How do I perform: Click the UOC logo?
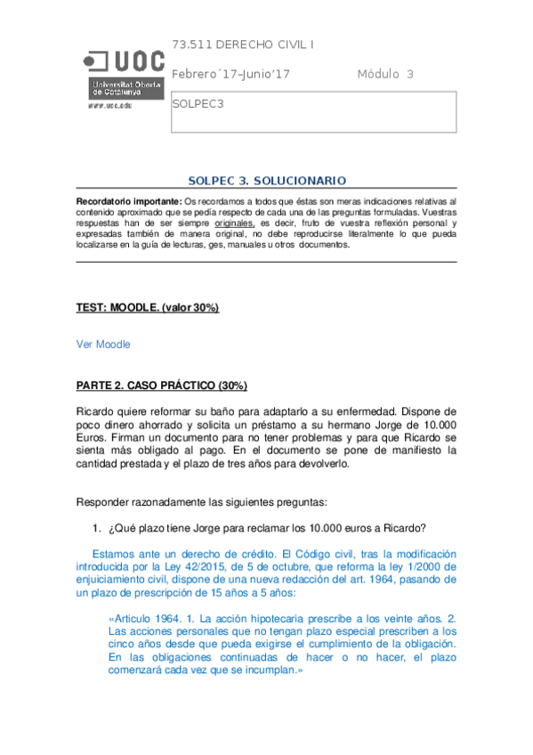pyautogui.click(x=124, y=71)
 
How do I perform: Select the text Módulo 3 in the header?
pyautogui.click(x=385, y=74)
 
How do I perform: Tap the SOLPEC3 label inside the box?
pyautogui.click(x=198, y=103)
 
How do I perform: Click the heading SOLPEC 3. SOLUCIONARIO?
pyautogui.click(x=266, y=180)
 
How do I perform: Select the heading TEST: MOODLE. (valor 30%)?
pyautogui.click(x=148, y=308)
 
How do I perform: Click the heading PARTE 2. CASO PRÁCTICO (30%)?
pyautogui.click(x=161, y=386)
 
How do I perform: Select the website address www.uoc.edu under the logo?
pyautogui.click(x=109, y=104)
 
